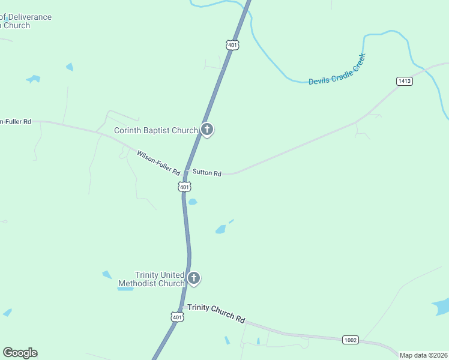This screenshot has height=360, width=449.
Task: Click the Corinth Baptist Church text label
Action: coord(156,131)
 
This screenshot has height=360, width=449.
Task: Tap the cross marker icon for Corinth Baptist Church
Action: coord(207,129)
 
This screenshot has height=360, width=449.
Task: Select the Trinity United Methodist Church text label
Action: coord(151,279)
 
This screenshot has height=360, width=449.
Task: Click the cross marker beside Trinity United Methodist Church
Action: coord(193,278)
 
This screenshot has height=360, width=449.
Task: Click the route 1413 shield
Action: coord(405,80)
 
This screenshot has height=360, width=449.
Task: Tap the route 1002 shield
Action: coord(351,340)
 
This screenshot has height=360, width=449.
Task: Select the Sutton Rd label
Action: coord(207,173)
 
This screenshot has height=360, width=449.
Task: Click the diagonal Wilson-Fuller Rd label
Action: coord(158,163)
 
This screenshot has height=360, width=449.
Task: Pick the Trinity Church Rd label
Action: coord(216,313)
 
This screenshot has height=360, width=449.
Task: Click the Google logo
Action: coord(20,353)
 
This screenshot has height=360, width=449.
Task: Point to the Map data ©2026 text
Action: coord(424,355)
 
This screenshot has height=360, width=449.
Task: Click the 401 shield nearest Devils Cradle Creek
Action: coord(233,44)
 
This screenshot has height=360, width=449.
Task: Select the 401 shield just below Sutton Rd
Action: coord(185,187)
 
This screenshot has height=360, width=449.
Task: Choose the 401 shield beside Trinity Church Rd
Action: coord(176,316)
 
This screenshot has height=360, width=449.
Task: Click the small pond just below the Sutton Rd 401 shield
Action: coord(193,202)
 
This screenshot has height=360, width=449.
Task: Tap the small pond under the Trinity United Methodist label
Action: coord(125,289)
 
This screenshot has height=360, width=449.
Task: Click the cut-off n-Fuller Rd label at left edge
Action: coord(16,121)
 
